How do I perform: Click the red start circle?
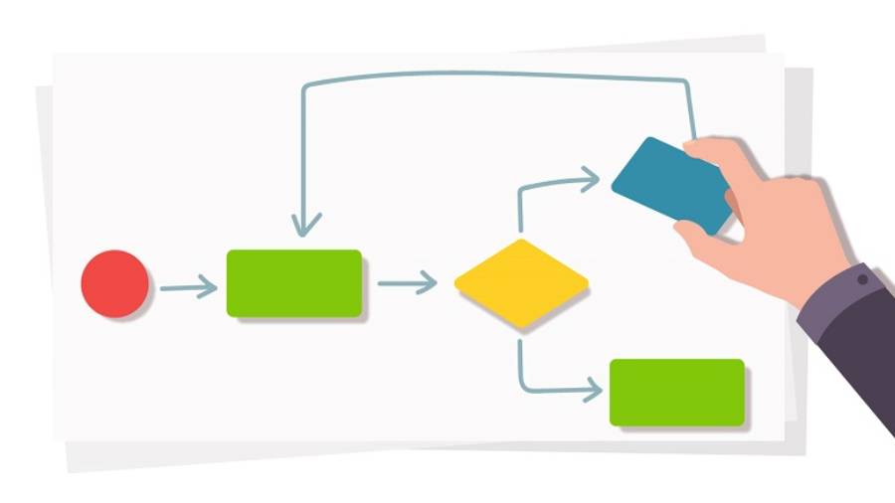(x=115, y=284)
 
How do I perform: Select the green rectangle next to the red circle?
(x=294, y=283)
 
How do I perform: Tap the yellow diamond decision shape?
(x=521, y=283)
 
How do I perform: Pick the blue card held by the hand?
(x=668, y=183)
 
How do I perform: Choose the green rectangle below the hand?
(x=676, y=393)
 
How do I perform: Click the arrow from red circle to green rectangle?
(x=186, y=288)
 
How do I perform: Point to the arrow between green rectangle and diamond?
(x=405, y=283)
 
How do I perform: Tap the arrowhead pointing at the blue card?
(x=590, y=180)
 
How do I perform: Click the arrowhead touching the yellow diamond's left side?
(x=427, y=283)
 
